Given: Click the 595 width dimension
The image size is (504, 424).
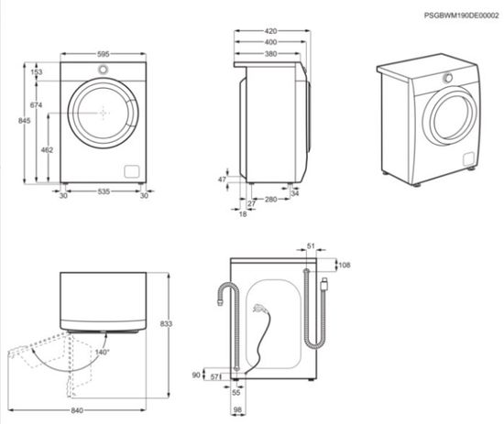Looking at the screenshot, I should pos(103,54).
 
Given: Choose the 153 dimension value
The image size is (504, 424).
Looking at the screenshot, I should pos(38,71).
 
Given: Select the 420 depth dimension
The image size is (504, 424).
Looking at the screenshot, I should pos(271,30).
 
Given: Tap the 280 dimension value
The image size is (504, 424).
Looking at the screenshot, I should pos(270,200).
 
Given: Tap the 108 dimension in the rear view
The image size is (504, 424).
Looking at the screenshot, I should pos(345,266).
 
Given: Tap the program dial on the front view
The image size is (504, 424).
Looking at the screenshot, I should pos(103,71).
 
